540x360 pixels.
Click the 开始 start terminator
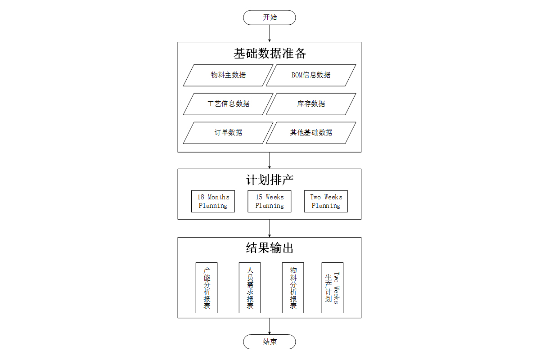269,18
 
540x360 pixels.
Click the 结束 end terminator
269,342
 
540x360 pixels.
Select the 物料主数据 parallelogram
228,75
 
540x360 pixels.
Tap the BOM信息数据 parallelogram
311,75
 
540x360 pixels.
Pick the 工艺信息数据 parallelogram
228,104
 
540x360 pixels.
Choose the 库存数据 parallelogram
311,104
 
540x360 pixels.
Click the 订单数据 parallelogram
228,133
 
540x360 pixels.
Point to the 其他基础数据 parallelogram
311,133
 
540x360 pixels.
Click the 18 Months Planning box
213,201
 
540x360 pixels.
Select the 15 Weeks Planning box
269,201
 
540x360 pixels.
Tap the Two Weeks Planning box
326,201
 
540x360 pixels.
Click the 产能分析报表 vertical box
207,288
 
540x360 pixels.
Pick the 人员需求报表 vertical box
250,288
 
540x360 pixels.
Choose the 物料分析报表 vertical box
293,288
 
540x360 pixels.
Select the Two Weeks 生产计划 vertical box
333,288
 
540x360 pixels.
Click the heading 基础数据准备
270,53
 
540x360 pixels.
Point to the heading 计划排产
270,180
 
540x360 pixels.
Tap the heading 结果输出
270,248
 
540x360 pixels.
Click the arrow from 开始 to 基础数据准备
269,33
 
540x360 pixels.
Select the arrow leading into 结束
269,326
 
